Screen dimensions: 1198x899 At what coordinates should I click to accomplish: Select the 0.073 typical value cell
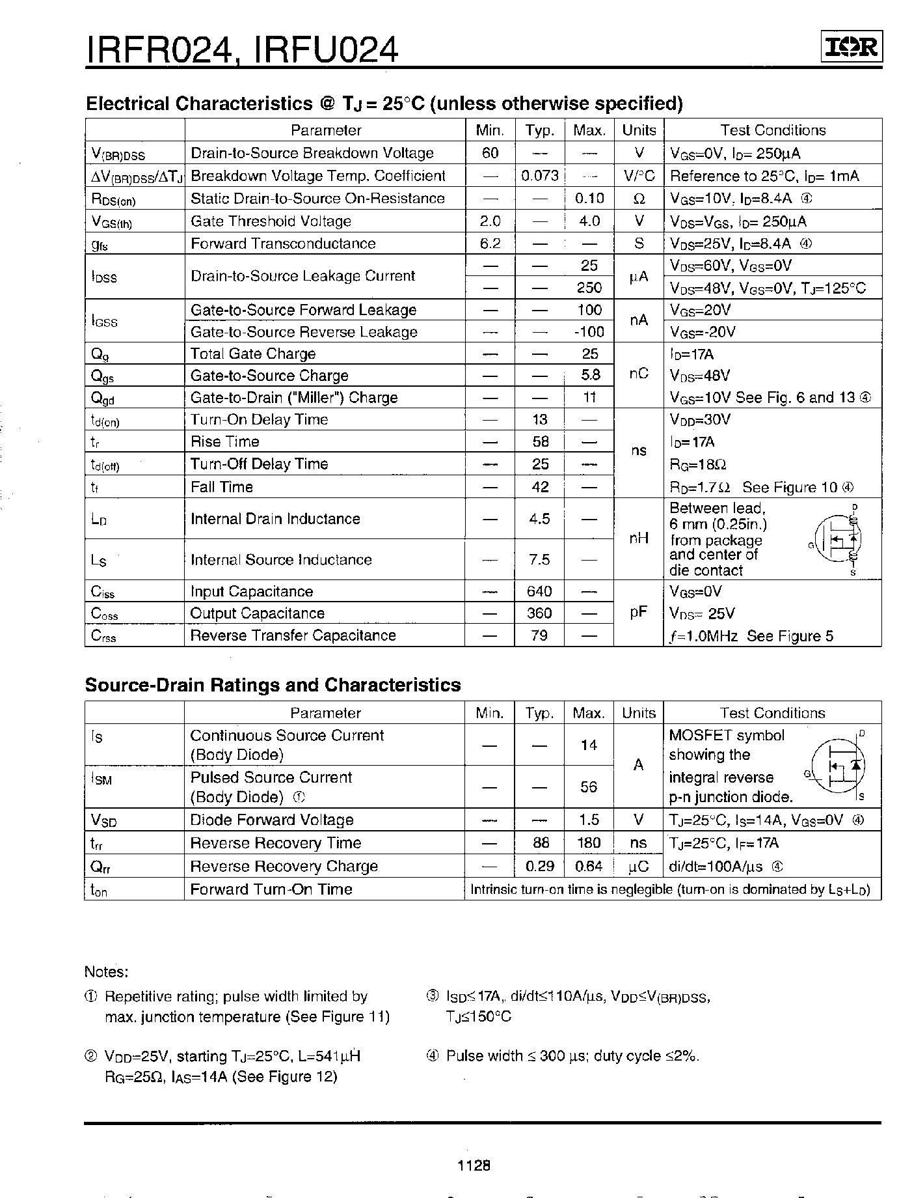(540, 176)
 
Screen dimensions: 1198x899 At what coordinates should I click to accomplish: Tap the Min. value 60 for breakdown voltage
(490, 153)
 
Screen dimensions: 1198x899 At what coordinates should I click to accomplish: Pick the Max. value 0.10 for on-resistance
(589, 199)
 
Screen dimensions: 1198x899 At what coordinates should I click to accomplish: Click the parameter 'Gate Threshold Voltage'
(271, 221)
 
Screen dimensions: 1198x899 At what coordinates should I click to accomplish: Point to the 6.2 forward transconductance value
(490, 244)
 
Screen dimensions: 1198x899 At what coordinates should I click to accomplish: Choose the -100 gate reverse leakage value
(589, 332)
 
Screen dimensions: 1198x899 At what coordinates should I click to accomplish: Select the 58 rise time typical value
(540, 442)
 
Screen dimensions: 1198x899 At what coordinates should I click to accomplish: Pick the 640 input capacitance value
(540, 591)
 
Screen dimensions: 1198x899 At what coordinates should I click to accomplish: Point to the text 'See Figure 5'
(790, 636)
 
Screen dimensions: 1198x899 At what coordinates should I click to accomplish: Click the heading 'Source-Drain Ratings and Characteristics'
(273, 685)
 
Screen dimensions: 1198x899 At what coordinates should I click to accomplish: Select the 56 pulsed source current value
(589, 787)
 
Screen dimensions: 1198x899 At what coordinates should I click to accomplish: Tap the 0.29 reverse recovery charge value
(540, 867)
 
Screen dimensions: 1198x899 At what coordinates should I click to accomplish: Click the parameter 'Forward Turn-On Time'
(271, 889)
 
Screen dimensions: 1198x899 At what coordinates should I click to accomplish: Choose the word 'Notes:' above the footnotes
(107, 972)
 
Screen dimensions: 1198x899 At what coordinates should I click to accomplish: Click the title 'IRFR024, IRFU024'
(241, 49)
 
